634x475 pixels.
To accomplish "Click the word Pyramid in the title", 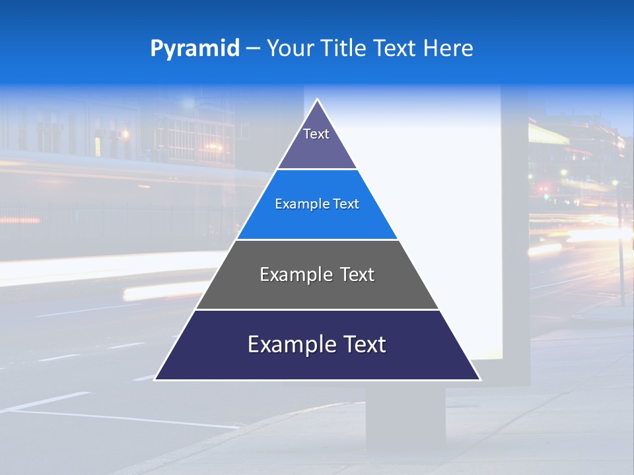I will pyautogui.click(x=194, y=49).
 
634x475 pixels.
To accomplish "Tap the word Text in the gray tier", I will pyautogui.click(x=357, y=274).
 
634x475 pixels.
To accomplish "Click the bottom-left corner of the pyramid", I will pyautogui.click(x=156, y=379).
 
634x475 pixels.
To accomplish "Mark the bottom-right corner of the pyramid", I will pyautogui.click(x=479, y=379).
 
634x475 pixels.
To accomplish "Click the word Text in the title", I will pyautogui.click(x=394, y=49).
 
